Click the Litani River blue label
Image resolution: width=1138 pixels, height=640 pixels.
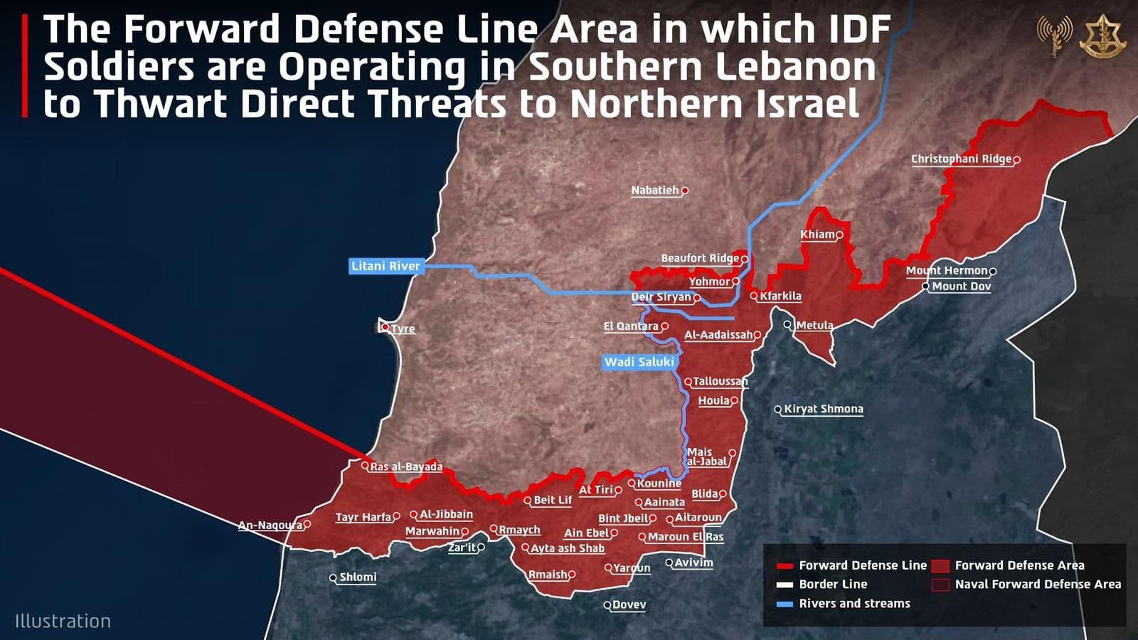[x=385, y=266]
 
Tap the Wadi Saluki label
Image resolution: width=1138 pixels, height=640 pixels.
[x=639, y=362]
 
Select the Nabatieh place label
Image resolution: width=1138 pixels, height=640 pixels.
[x=655, y=191]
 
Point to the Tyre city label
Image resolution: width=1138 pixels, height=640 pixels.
[x=403, y=329]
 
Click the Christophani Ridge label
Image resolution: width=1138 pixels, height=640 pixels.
[x=961, y=159]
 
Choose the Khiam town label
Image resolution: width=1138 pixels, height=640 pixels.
[x=817, y=235]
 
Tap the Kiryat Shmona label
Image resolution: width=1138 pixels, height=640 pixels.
[x=823, y=409]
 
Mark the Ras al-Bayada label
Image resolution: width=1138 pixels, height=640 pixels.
[x=406, y=467]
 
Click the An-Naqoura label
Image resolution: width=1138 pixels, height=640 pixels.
[x=270, y=526]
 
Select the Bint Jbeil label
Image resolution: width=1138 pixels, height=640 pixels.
[x=623, y=518]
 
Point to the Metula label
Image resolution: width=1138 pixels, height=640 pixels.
[x=814, y=325]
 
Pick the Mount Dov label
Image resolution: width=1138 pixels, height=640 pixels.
[x=961, y=287]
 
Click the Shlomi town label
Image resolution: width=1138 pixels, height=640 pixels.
[x=358, y=577]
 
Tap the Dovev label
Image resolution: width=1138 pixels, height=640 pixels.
[x=629, y=605]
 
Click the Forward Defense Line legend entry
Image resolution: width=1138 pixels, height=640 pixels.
[x=862, y=565]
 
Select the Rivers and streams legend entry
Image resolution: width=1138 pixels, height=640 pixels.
[x=854, y=604]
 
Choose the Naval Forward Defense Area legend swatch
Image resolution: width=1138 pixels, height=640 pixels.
[x=940, y=585]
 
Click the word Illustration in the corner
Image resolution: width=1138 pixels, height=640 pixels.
[x=63, y=622]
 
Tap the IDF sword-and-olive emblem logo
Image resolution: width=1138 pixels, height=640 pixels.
[x=1102, y=36]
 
